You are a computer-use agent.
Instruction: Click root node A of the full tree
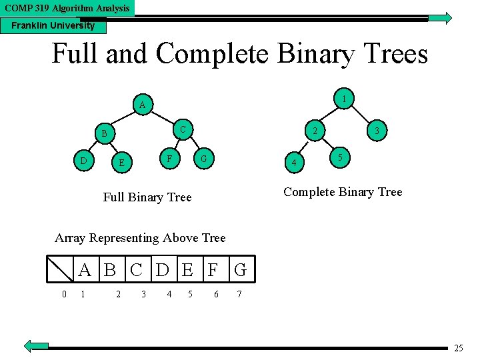pos(142,105)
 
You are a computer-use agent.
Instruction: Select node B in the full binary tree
pos(103,134)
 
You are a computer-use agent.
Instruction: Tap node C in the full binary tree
pos(183,127)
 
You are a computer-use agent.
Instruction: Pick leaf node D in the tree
pos(82,161)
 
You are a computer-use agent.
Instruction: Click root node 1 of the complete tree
pos(343,99)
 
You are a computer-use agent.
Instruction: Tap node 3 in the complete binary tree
pos(377,131)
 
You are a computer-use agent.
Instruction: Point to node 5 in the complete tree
pos(340,158)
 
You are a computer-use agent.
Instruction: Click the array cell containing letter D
pos(162,270)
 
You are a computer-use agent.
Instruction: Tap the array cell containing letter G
pos(240,270)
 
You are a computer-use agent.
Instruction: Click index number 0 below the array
pos(63,294)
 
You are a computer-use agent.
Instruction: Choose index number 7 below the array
pos(239,294)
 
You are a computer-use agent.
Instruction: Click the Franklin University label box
pos(53,26)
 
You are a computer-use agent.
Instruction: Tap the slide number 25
pos(458,349)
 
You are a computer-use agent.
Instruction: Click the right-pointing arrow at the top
pos(439,19)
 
